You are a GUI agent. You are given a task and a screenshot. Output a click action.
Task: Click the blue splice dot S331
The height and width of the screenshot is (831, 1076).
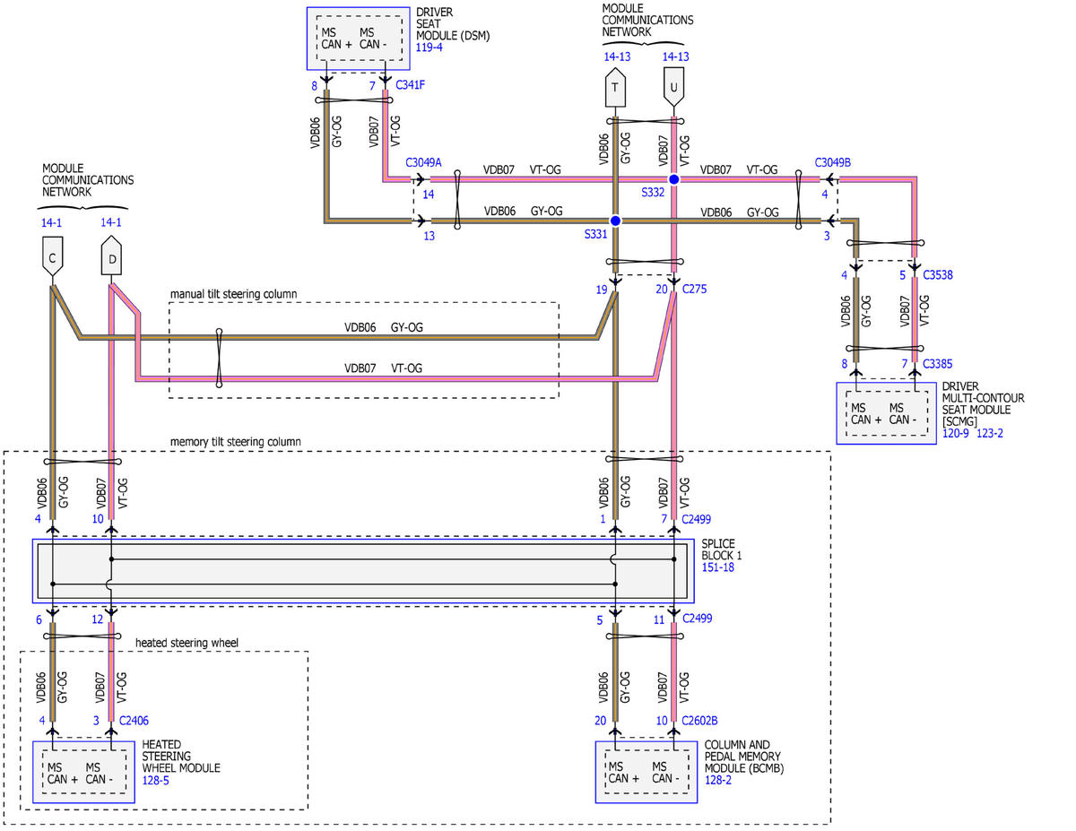click(x=615, y=221)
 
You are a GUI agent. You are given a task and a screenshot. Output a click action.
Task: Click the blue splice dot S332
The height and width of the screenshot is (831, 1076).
click(x=673, y=179)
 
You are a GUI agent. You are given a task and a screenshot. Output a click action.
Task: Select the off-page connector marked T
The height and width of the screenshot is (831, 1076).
click(x=615, y=87)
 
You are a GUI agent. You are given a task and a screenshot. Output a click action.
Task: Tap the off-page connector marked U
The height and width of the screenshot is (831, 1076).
click(x=673, y=87)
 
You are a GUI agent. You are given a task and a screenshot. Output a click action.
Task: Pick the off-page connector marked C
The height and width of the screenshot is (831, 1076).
click(x=53, y=256)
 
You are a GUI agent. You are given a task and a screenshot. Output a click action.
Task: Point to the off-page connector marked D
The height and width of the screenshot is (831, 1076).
click(x=111, y=255)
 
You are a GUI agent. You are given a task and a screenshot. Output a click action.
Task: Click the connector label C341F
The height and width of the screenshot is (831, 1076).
click(x=410, y=85)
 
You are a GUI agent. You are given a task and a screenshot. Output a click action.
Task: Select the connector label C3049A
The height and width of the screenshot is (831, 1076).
click(x=423, y=162)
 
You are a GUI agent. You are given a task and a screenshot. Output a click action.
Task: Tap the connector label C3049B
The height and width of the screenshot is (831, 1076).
click(x=832, y=162)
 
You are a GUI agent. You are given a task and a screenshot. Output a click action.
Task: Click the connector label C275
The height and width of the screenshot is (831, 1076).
click(x=694, y=289)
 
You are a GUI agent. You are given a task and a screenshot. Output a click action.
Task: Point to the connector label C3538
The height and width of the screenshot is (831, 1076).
click(x=937, y=274)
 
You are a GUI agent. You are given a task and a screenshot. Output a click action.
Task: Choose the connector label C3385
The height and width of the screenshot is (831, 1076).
click(x=937, y=364)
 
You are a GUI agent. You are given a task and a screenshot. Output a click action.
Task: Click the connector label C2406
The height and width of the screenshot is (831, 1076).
click(x=134, y=721)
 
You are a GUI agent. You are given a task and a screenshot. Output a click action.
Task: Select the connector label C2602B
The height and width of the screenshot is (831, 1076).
click(x=699, y=721)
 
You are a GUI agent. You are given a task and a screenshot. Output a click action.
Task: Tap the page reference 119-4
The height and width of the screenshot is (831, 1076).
click(x=429, y=48)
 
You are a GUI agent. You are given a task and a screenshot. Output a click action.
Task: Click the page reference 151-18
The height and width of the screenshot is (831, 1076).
click(x=717, y=567)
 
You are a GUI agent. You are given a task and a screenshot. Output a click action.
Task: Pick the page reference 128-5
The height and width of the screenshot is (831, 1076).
click(x=155, y=781)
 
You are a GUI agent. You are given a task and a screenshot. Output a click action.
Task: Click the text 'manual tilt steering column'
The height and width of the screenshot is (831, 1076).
click(x=233, y=294)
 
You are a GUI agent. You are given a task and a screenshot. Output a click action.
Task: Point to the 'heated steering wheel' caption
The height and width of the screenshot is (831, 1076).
click(x=187, y=643)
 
